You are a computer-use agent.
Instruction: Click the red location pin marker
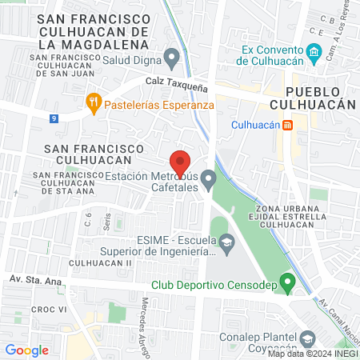(181, 161)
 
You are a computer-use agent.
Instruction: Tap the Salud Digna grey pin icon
(171, 57)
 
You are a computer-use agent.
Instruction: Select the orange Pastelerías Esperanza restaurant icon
(94, 102)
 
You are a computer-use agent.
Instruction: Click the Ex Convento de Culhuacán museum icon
(314, 55)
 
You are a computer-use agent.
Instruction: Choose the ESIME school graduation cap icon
(227, 241)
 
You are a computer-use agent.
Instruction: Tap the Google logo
(26, 350)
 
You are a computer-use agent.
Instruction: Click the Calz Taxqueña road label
(171, 82)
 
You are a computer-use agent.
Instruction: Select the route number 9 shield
(54, 118)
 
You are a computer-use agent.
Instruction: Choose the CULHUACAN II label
(100, 262)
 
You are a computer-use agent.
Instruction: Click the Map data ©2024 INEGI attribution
(313, 353)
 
